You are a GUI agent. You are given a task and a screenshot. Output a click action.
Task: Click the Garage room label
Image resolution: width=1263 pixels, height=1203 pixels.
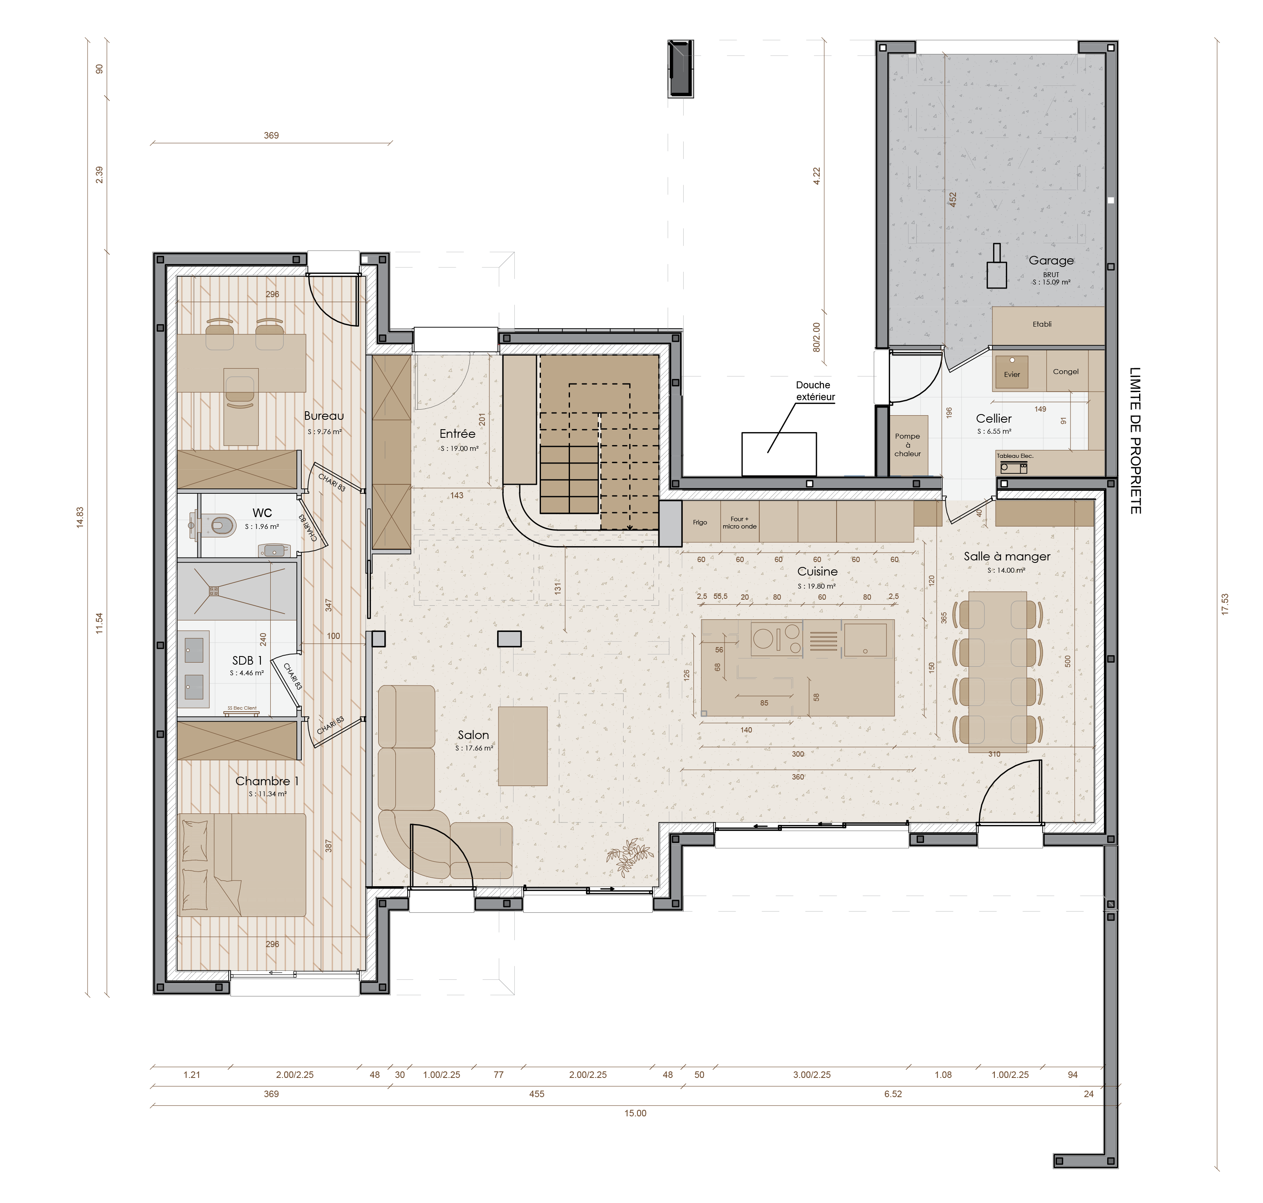(x=1051, y=260)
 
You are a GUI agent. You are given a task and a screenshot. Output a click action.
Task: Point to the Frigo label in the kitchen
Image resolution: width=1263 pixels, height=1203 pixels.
(x=700, y=522)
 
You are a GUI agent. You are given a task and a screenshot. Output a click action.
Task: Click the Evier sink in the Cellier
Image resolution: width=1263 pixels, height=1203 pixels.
(x=1012, y=373)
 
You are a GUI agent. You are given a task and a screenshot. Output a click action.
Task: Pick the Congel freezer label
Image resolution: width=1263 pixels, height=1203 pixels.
(x=1066, y=371)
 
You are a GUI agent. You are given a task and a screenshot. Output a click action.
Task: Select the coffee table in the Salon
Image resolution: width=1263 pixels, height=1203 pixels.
(x=523, y=746)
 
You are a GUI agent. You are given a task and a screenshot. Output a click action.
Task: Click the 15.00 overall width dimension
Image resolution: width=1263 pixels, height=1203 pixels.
(x=635, y=1113)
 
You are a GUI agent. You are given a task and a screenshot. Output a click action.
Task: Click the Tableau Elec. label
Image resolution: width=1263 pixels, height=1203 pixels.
(x=1015, y=456)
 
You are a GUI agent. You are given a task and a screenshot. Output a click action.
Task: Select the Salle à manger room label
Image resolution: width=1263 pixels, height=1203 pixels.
(x=1006, y=557)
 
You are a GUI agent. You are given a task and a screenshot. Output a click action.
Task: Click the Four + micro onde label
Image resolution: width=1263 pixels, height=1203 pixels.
(x=740, y=523)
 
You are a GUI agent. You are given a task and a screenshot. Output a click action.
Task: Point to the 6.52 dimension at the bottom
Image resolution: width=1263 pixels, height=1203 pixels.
(x=893, y=1093)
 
